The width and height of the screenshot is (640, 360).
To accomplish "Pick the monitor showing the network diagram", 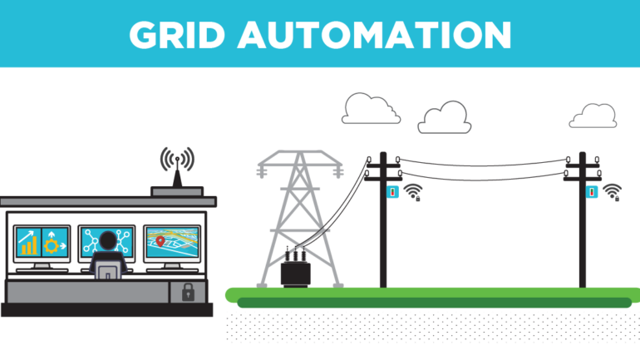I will pyautogui.click(x=106, y=239).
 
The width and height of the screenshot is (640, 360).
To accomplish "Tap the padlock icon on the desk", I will pyautogui.click(x=188, y=292).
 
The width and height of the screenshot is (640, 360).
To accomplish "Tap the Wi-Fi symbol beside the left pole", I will pyautogui.click(x=413, y=192).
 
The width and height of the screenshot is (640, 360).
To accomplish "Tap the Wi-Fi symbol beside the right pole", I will pyautogui.click(x=613, y=192).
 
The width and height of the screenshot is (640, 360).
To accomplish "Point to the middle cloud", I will pyautogui.click(x=444, y=118).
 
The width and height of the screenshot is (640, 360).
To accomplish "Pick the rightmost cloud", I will pyautogui.click(x=593, y=116).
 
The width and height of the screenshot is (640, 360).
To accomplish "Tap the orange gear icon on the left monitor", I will pyautogui.click(x=52, y=246).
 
